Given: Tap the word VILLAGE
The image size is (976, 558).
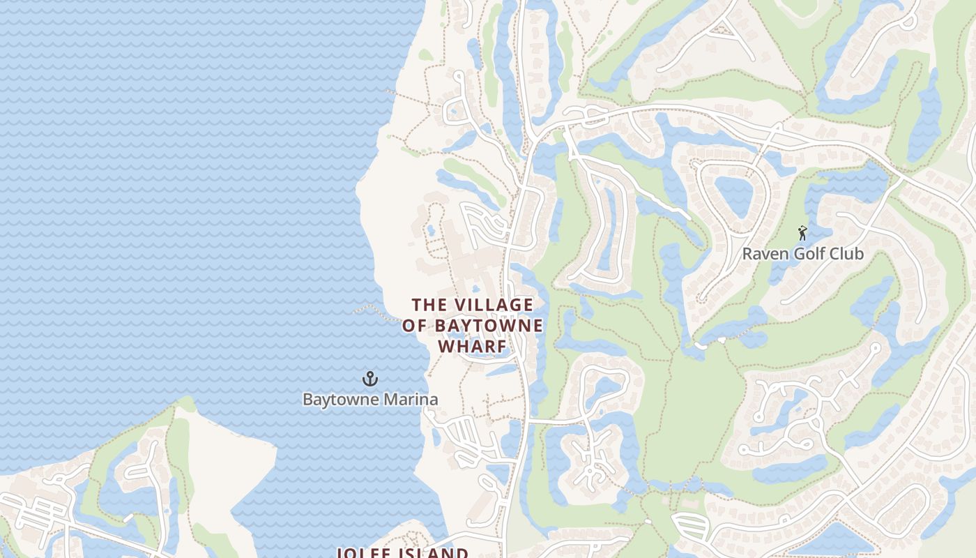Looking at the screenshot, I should pos(494,305).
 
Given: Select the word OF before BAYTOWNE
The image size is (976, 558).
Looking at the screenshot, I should pos(415,326).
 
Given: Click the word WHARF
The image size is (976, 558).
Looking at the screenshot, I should pos(472,347).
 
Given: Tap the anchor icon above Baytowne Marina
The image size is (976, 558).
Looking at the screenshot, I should pos(370,379).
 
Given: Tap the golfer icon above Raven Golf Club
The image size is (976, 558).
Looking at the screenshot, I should pos(802,233).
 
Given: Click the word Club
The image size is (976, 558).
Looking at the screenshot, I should pos(847,254).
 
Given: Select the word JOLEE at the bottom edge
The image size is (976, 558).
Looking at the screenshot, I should pos(365,553).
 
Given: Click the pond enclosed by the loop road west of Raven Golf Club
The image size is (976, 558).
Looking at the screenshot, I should pos(734,195).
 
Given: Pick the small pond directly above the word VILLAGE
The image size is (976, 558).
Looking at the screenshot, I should pos(476,288).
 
